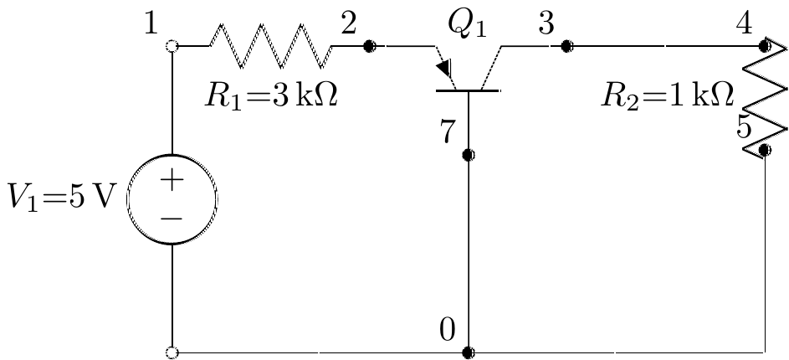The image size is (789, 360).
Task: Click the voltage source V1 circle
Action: tap(172, 199)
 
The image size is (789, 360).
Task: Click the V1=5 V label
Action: tap(61, 199)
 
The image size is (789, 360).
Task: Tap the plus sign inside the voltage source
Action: tap(172, 179)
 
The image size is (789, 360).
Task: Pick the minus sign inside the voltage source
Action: tap(172, 218)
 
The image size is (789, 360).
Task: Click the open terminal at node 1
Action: tap(172, 46)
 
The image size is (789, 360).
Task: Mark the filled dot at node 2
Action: tap(369, 46)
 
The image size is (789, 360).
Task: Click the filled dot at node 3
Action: tap(566, 46)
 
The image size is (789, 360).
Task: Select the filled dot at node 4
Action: tap(765, 46)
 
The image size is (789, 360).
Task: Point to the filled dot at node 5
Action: tap(765, 151)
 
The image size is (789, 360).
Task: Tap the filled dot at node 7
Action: tap(469, 155)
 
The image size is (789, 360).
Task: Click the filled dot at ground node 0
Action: tap(469, 352)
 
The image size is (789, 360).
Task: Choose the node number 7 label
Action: tap(448, 132)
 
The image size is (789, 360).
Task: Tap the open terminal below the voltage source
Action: tap(172, 352)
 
